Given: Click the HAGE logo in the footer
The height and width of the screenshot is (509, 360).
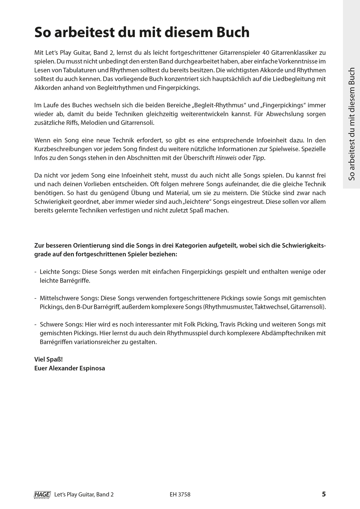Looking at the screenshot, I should tap(42, 495).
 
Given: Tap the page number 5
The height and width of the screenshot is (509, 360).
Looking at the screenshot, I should tap(324, 494).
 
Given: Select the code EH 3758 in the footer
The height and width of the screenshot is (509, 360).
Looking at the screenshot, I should tap(180, 495).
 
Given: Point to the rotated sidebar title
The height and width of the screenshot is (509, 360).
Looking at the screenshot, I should tap(352, 124).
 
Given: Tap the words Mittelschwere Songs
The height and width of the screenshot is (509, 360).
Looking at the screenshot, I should tap(69, 298).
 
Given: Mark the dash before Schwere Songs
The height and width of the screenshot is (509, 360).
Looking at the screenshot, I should tap(36, 324).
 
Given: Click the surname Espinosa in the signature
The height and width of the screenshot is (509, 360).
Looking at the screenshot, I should tap(92, 368).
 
